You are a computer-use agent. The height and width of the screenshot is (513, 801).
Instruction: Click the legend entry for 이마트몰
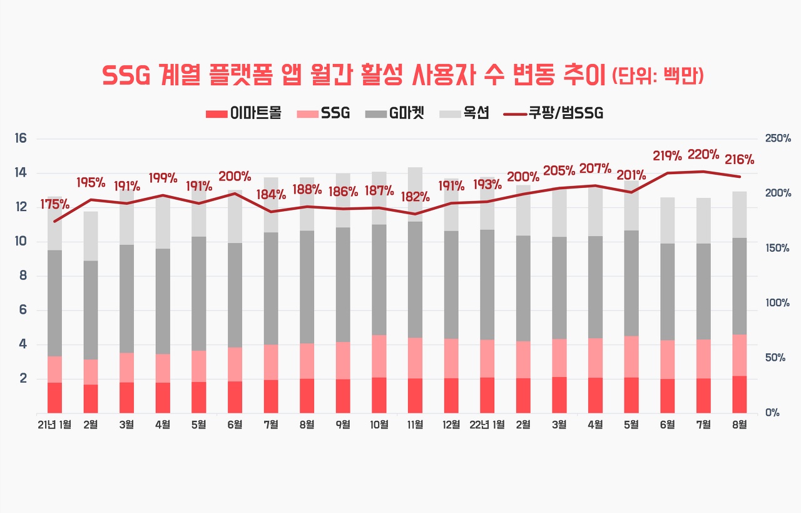[x=243, y=113]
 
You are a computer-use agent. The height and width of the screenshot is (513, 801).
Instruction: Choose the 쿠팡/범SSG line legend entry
[x=553, y=113]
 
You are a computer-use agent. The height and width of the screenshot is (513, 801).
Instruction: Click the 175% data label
[x=55, y=204]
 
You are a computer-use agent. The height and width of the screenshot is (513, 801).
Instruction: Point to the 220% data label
[x=703, y=155]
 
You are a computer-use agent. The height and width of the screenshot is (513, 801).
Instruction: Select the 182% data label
[x=416, y=197]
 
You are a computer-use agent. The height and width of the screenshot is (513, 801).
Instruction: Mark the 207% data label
[x=595, y=168]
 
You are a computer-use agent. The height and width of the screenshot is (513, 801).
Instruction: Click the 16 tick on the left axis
[x=21, y=138]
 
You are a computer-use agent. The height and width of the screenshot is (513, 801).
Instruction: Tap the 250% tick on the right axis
[x=777, y=138]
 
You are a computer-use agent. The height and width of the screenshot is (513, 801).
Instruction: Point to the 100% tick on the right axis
[x=777, y=303]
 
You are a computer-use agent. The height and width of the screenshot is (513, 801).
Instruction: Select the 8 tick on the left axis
[x=23, y=276]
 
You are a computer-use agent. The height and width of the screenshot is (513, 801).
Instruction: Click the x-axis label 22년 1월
[x=487, y=425]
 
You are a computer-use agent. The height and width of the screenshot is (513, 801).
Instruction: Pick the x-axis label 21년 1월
[x=54, y=425]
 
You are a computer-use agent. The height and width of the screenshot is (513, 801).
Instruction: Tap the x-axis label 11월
[x=415, y=425]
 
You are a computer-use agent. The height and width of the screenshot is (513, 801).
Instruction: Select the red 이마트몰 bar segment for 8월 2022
[x=740, y=394]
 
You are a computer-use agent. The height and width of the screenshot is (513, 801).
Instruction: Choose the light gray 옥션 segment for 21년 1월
[x=54, y=223]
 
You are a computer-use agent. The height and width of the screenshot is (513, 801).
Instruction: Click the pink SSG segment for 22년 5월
[x=631, y=356]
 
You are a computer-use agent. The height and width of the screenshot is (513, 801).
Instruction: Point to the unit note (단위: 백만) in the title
[x=659, y=76]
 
